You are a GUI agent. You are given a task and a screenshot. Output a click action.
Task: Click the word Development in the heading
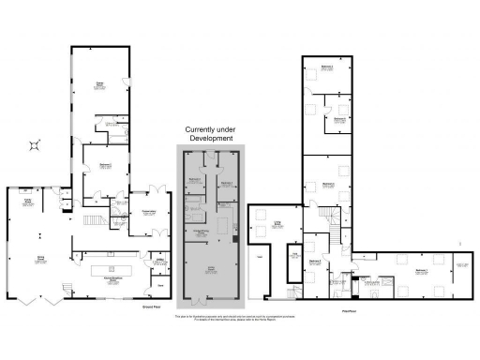(x=210, y=138)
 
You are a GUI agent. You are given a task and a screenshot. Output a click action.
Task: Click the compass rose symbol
(x=36, y=143)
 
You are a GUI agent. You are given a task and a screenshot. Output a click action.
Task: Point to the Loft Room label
(x=277, y=222)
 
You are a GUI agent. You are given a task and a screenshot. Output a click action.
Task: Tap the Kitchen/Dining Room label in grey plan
(x=201, y=230)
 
